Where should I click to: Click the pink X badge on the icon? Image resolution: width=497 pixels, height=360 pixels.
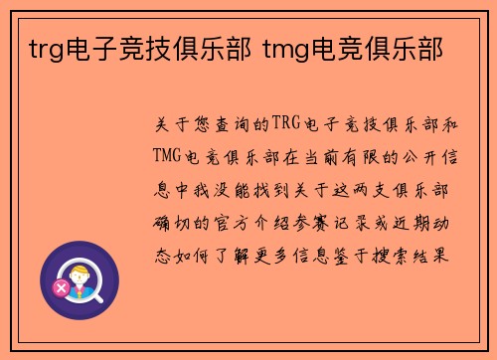(x=62, y=287)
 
